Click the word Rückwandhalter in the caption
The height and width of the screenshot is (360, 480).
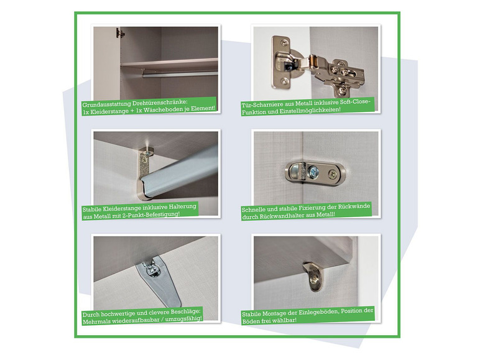click(281, 216)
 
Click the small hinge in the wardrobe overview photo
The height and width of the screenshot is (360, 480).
click(119, 33)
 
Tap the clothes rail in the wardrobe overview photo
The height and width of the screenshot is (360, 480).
click(180, 74)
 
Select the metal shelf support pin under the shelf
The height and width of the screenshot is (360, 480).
click(312, 275)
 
